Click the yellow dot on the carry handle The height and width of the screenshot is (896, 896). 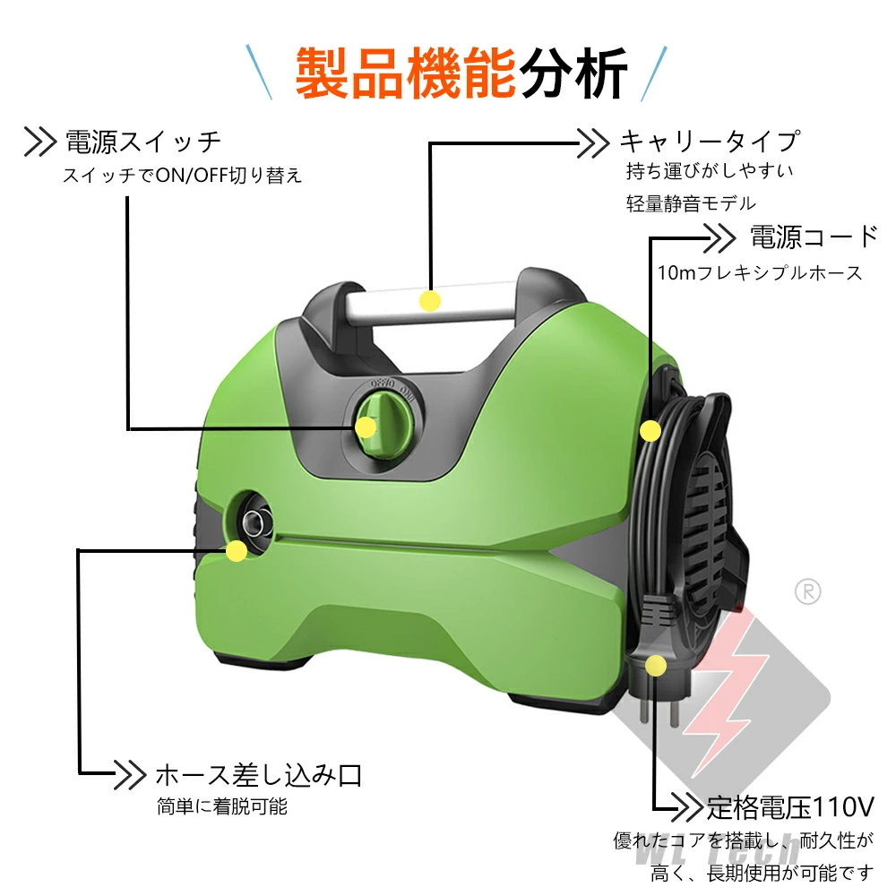click(430, 300)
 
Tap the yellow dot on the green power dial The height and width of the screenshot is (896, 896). click(366, 426)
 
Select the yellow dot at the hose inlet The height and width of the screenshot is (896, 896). click(237, 551)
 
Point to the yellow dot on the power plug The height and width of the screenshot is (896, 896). click(656, 665)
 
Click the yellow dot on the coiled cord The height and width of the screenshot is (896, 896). click(650, 430)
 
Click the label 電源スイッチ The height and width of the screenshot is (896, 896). click(142, 142)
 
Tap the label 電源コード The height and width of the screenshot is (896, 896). click(814, 237)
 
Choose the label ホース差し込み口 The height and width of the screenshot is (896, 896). click(259, 775)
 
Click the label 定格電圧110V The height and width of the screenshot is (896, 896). click(790, 806)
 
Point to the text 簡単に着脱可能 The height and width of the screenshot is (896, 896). click(221, 806)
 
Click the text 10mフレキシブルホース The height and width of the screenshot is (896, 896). click(760, 272)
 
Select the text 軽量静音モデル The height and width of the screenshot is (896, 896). click(691, 202)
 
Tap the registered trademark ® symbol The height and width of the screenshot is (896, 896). click(807, 592)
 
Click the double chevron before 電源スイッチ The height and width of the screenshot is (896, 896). click(40, 142)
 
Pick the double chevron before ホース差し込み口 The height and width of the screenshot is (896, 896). click(130, 775)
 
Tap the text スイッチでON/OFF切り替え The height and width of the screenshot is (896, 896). click(182, 175)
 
